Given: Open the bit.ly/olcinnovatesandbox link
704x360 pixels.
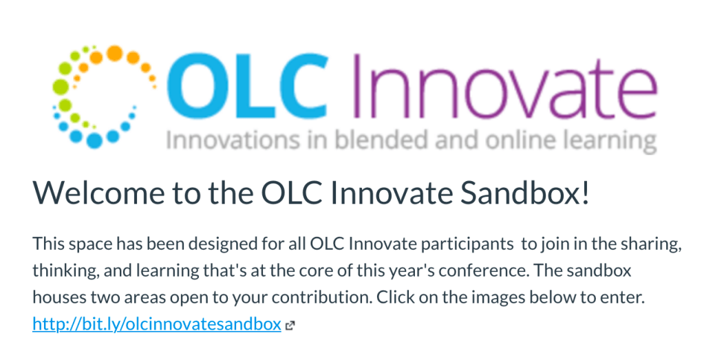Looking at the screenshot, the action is pyautogui.click(x=157, y=324).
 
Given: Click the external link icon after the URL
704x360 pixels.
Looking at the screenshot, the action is pyautogui.click(x=290, y=326).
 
